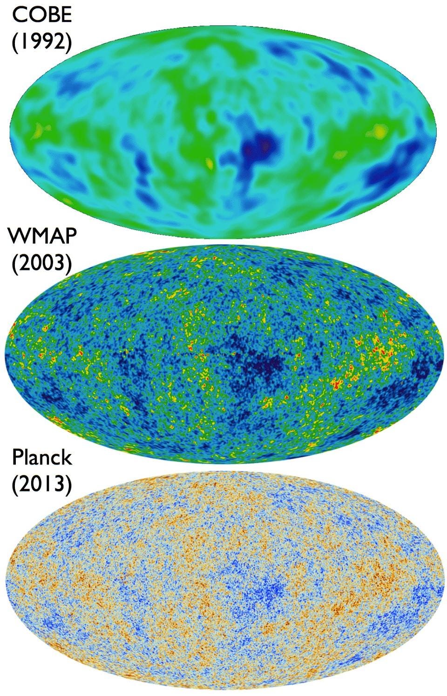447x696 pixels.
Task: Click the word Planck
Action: [42, 457]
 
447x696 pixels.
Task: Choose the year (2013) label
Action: [42, 485]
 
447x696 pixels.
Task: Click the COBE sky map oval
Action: [223, 126]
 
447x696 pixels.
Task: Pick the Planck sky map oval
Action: [223, 583]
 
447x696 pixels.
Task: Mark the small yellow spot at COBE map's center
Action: [209, 163]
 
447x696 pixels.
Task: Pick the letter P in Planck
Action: [17, 457]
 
